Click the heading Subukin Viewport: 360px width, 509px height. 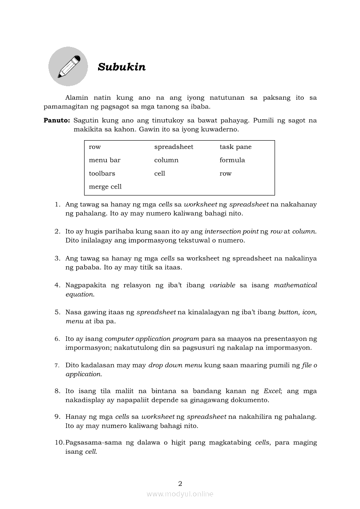tap(122, 67)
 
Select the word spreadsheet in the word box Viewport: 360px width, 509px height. tap(173, 147)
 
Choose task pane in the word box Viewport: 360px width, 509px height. tap(235, 147)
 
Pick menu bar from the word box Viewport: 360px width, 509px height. tap(105, 160)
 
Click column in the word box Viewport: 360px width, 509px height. tap(166, 160)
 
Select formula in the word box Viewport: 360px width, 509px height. tap(232, 160)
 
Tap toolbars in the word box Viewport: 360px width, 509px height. tap(102, 173)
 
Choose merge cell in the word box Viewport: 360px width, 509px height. tap(105, 187)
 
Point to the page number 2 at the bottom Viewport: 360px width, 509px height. tap(180, 483)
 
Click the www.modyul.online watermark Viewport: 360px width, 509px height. tap(180, 494)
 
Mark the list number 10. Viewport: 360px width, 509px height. tap(59, 442)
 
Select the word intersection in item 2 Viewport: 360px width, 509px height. tap(221, 231)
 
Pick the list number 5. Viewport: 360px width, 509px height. tap(57, 312)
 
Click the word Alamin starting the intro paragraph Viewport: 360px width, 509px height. tap(76, 98)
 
